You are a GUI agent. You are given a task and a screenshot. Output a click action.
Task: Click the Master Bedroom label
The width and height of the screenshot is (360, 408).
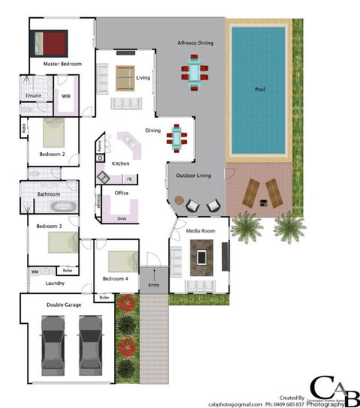pyautogui.click(x=61, y=64)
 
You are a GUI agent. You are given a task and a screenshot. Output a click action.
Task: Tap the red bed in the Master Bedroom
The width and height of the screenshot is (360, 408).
pyautogui.click(x=50, y=41)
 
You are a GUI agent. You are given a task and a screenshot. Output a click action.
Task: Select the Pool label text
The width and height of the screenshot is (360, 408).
pyautogui.click(x=259, y=90)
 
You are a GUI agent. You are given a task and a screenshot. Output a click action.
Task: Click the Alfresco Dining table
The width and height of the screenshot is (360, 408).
pyautogui.click(x=195, y=73)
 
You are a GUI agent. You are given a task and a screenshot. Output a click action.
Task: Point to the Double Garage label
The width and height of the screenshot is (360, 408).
pyautogui.click(x=64, y=304)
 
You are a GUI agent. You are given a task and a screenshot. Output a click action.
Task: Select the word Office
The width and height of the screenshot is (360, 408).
pyautogui.click(x=121, y=193)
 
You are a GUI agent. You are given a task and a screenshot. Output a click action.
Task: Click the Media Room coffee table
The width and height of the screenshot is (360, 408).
pyautogui.click(x=202, y=257)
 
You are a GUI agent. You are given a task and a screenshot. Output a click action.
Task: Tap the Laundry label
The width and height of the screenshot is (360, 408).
pyautogui.click(x=55, y=283)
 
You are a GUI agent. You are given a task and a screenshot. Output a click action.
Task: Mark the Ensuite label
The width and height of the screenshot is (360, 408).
pyautogui.click(x=34, y=96)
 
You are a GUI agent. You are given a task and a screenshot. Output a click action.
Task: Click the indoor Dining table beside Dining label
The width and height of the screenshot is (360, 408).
pyautogui.click(x=178, y=136)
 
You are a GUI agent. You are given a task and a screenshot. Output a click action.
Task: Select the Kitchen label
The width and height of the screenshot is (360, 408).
pyautogui.click(x=121, y=163)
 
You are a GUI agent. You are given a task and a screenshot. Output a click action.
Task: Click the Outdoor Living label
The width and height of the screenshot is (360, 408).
pyautogui.click(x=193, y=175)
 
